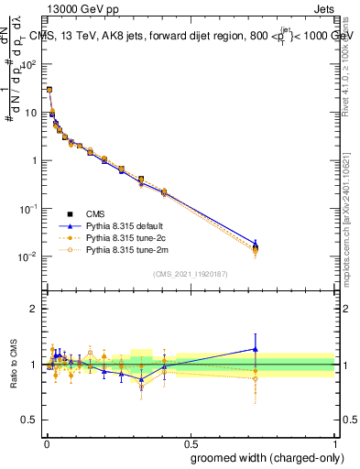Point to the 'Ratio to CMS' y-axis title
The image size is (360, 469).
coord(13,363)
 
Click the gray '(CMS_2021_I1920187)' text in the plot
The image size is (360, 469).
coord(190,273)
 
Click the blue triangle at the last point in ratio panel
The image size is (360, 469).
coord(256,349)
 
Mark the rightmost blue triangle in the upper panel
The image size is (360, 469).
coord(256,244)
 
